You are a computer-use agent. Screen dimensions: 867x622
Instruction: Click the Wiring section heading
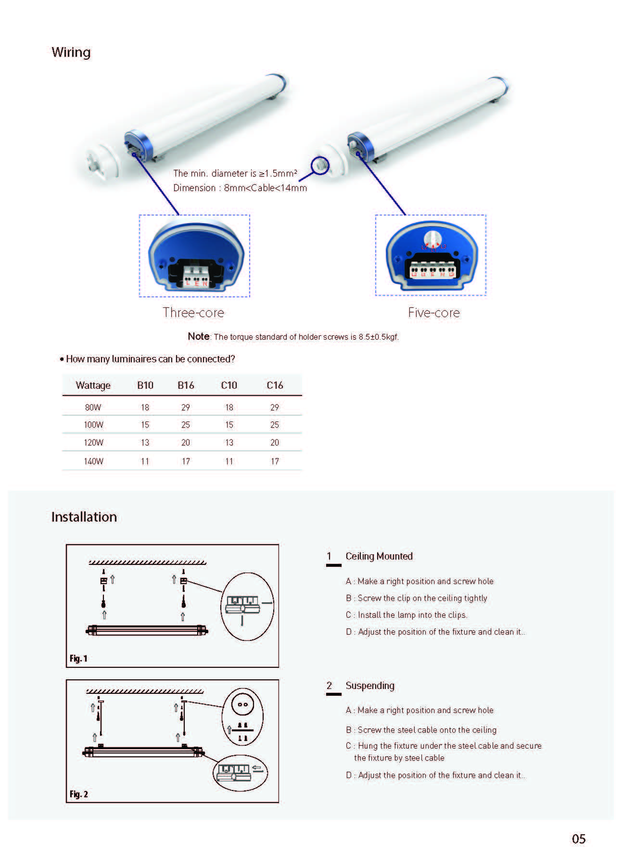tap(71, 52)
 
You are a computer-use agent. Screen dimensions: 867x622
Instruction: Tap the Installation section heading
tap(84, 517)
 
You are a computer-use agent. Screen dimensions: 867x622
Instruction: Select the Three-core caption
tap(193, 312)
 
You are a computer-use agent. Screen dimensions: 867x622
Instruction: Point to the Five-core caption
tap(434, 312)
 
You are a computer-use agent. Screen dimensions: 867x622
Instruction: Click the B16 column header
tap(186, 385)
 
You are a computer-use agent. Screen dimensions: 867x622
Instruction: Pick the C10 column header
tap(229, 385)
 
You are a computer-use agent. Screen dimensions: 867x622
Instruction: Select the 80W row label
tap(93, 407)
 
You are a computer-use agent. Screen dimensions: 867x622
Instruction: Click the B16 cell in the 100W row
tap(186, 425)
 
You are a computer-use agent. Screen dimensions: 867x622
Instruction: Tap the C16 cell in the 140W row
tap(275, 461)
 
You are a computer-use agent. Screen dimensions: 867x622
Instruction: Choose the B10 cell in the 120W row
tap(145, 443)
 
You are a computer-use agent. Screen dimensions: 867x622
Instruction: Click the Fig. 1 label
tap(78, 658)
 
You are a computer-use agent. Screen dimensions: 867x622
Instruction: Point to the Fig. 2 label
tap(78, 794)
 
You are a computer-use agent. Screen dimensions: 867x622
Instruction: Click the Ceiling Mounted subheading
tap(379, 556)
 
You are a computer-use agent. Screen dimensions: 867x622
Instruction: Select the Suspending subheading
tap(370, 686)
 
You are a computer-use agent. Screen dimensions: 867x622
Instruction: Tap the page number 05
tap(579, 839)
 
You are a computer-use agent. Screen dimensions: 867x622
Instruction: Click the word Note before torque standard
tap(198, 336)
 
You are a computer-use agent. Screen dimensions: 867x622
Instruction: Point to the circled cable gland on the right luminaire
tap(320, 165)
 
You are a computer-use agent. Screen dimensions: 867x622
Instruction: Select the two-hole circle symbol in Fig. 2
tap(242, 705)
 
